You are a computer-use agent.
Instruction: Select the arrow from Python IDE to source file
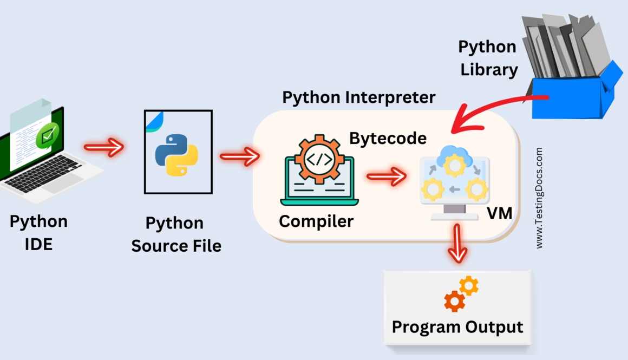click(103, 147)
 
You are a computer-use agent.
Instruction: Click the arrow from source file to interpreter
click(239, 157)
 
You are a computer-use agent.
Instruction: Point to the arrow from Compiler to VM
click(386, 175)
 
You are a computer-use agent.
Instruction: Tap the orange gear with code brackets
click(316, 159)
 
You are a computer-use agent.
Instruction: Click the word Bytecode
click(388, 138)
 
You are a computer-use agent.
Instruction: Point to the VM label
click(499, 213)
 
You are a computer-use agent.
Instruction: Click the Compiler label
click(316, 221)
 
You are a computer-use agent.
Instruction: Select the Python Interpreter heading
click(359, 97)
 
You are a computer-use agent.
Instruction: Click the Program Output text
click(457, 327)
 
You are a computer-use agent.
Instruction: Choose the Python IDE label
click(39, 232)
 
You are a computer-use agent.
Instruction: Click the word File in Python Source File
click(204, 246)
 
